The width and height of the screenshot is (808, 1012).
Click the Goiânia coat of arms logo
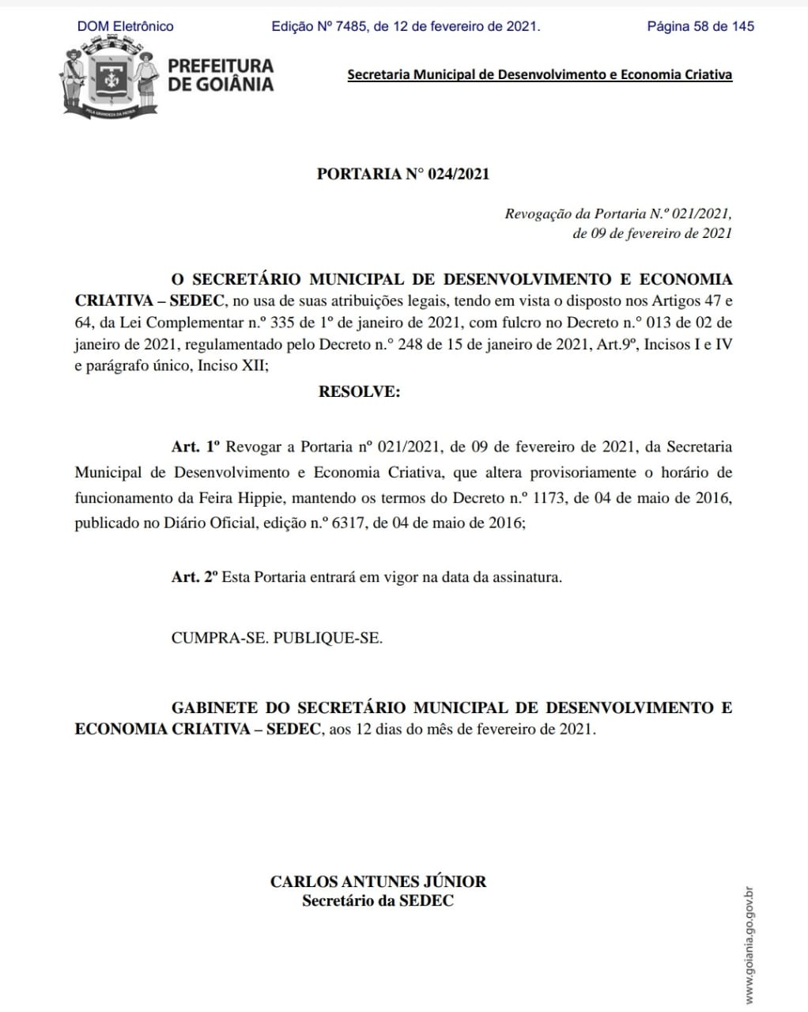109,82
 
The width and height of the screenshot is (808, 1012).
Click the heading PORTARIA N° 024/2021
403,174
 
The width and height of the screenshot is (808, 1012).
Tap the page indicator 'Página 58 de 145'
700,26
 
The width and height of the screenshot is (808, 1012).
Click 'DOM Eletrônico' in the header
125,26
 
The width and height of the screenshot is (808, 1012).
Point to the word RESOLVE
359,391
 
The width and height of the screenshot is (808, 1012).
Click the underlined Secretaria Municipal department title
539,75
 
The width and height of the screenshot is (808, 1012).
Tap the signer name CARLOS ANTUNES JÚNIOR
378,882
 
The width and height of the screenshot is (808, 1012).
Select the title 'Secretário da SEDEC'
378,901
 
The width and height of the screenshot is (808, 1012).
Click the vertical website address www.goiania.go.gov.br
749,945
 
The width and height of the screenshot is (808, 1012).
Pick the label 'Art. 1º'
194,447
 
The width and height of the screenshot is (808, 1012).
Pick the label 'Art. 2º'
194,577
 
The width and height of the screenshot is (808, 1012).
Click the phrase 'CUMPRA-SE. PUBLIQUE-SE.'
277,638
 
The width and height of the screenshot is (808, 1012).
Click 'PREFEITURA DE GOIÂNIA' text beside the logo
221,75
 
